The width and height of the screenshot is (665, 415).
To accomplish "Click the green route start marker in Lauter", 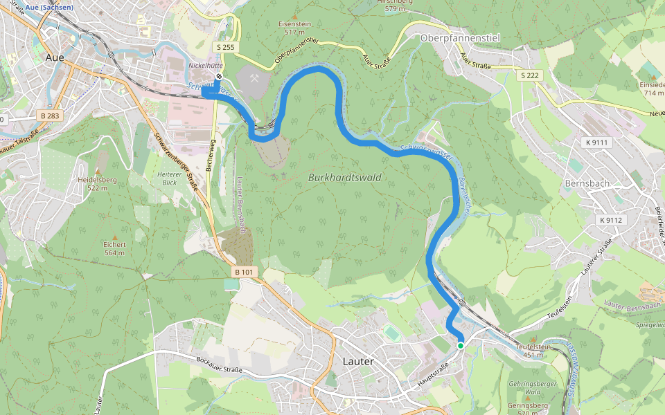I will click(x=460, y=345).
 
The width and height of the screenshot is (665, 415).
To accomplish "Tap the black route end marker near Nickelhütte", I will click(x=218, y=77).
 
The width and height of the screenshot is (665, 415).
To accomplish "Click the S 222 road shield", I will click(x=529, y=75).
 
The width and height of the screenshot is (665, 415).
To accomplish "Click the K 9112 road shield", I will click(x=612, y=220).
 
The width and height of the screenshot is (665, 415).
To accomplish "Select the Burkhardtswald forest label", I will click(x=344, y=177).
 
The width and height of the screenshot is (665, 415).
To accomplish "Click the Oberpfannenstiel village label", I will click(x=460, y=38).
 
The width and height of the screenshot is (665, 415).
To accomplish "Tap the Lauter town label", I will click(x=358, y=361).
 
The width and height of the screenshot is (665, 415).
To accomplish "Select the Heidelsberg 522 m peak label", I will click(x=97, y=183).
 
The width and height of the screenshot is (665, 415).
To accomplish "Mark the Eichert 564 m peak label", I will click(x=114, y=248).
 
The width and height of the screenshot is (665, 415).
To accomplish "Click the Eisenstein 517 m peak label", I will click(x=294, y=28).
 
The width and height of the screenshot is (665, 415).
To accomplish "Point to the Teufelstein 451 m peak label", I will click(x=533, y=351).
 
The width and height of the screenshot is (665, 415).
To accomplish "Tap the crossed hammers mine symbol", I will click(x=254, y=79).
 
